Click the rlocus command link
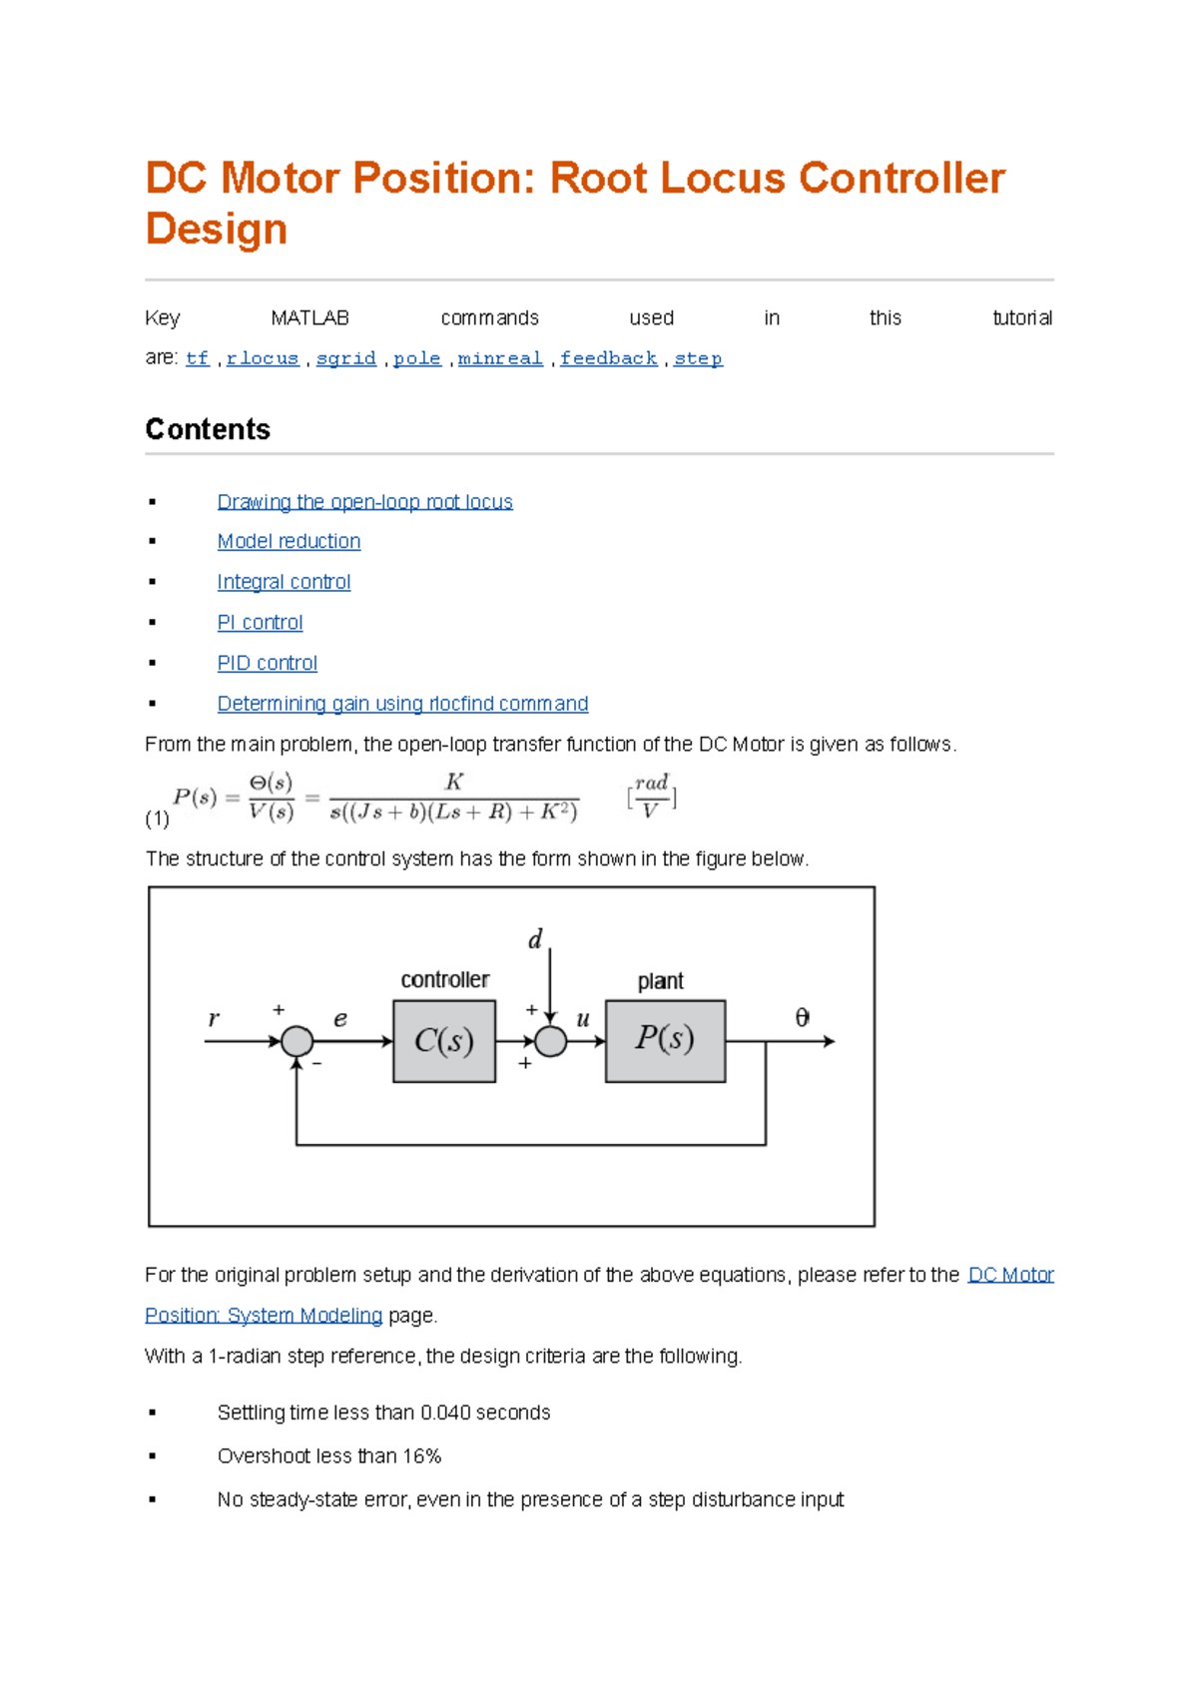point(263,358)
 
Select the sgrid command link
point(345,358)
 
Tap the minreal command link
point(499,358)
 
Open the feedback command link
point(608,358)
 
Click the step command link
point(698,358)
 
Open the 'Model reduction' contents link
point(289,541)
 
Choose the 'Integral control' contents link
point(284,582)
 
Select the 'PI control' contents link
point(260,623)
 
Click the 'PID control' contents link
point(267,663)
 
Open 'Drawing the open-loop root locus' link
point(364,502)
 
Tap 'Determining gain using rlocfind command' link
point(402,704)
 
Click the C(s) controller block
point(444,1041)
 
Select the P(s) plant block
point(665,1040)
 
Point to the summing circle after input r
point(297,1041)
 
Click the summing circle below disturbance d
point(550,1041)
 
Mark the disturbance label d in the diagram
point(535,939)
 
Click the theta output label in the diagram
point(802,1017)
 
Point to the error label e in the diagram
point(340,1019)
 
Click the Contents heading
point(208,429)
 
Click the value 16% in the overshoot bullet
point(422,1456)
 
